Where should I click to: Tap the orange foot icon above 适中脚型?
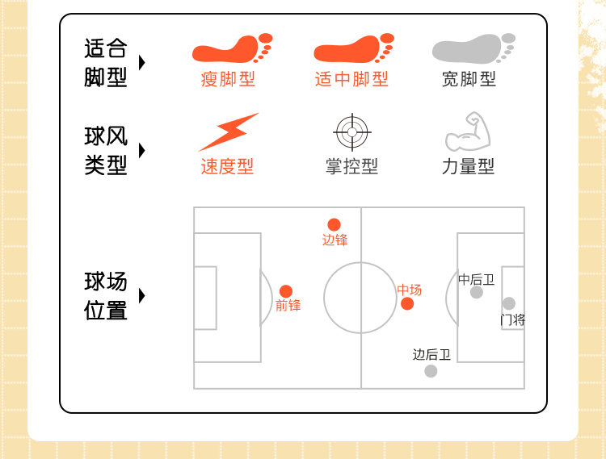tap(352, 49)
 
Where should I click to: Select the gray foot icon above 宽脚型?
tap(473, 49)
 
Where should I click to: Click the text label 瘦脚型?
tap(229, 79)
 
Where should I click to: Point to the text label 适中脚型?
tap(351, 79)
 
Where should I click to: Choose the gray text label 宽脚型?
tap(469, 79)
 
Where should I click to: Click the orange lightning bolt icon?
tap(228, 131)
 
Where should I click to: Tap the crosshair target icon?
tap(351, 131)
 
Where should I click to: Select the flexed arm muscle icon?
tap(469, 132)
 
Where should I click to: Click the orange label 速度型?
tap(227, 166)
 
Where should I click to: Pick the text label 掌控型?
tap(351, 166)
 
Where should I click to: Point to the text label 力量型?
tap(468, 166)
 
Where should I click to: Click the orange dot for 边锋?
tap(334, 224)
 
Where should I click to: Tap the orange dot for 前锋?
tap(286, 291)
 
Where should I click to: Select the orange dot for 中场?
tap(407, 303)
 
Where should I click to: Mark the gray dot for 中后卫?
tap(477, 292)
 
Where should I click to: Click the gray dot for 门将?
tap(508, 303)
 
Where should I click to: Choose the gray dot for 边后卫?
tap(431, 371)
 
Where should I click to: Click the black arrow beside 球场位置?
tap(142, 296)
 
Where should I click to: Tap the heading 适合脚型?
tap(106, 63)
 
